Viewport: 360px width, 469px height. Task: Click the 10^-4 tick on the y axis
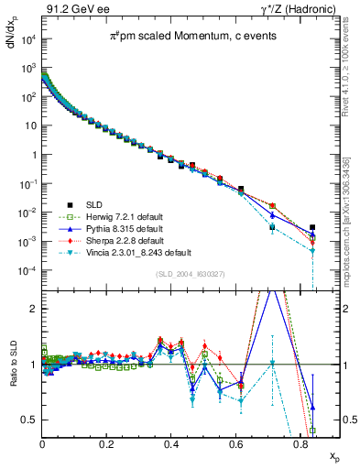coord(27,271)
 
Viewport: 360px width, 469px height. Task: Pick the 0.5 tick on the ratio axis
coord(32,420)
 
